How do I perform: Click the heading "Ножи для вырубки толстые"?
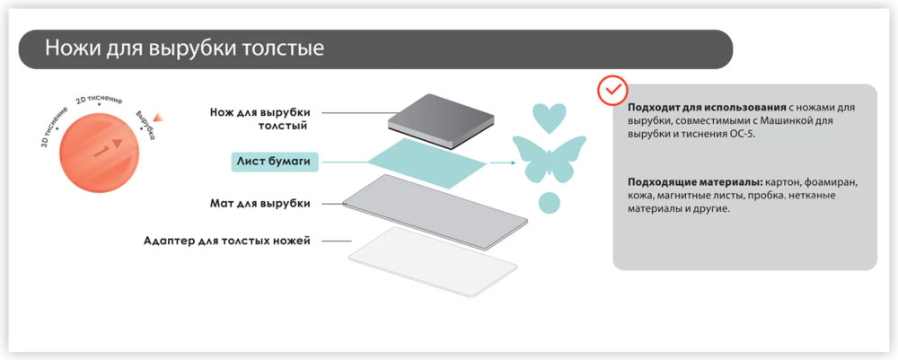pyautogui.click(x=184, y=48)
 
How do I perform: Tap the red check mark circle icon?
pyautogui.click(x=612, y=90)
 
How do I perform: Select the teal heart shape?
pyautogui.click(x=550, y=118)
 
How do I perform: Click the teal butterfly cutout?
pyautogui.click(x=549, y=159)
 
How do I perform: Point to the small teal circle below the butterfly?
pyautogui.click(x=550, y=202)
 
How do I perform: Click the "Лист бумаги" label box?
pyautogui.click(x=274, y=162)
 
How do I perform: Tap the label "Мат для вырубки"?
pyautogui.click(x=260, y=203)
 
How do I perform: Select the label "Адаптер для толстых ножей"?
pyautogui.click(x=227, y=241)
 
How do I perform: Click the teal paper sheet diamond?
pyautogui.click(x=427, y=163)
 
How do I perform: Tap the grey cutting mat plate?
pyautogui.click(x=436, y=212)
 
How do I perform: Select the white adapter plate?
pyautogui.click(x=433, y=261)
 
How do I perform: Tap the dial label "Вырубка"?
pyautogui.click(x=145, y=126)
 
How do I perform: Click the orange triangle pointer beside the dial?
pyautogui.click(x=159, y=117)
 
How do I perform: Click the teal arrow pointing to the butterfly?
pyautogui.click(x=502, y=163)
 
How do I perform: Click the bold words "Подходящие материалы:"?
pyautogui.click(x=694, y=182)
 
